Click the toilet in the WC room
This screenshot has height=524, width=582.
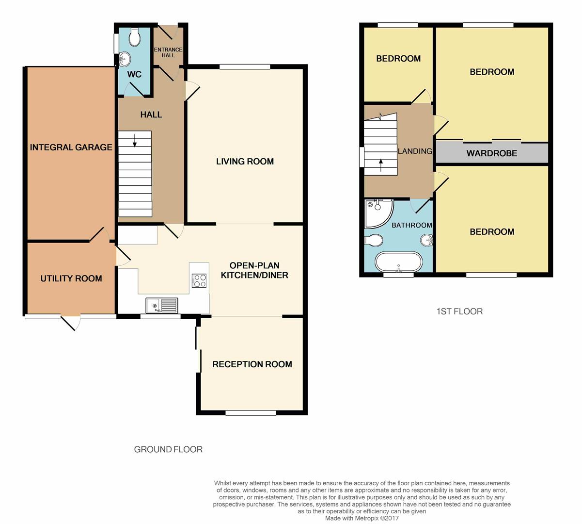pyautogui.click(x=135, y=37)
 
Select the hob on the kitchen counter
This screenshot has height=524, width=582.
pyautogui.click(x=199, y=280)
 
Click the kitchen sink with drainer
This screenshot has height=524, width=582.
pyautogui.click(x=162, y=306)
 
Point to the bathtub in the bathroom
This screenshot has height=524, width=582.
pyautogui.click(x=398, y=262)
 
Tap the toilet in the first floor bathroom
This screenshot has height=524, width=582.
pyautogui.click(x=374, y=240)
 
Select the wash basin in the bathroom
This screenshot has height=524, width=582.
pyautogui.click(x=426, y=240)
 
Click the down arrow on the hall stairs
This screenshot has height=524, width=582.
pyautogui.click(x=135, y=141)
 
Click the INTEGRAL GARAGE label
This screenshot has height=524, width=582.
pyautogui.click(x=71, y=147)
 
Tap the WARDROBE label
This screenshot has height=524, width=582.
pyautogui.click(x=492, y=153)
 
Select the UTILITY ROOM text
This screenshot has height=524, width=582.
pyautogui.click(x=71, y=278)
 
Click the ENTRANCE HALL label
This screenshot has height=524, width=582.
pyautogui.click(x=168, y=52)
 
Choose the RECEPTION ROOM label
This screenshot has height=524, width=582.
pyautogui.click(x=252, y=364)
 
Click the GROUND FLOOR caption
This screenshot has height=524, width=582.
pyautogui.click(x=168, y=449)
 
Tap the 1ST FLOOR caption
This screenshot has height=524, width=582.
pyautogui.click(x=459, y=311)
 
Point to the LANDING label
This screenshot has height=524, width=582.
pyautogui.click(x=415, y=151)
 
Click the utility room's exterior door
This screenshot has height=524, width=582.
pyautogui.click(x=70, y=322)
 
